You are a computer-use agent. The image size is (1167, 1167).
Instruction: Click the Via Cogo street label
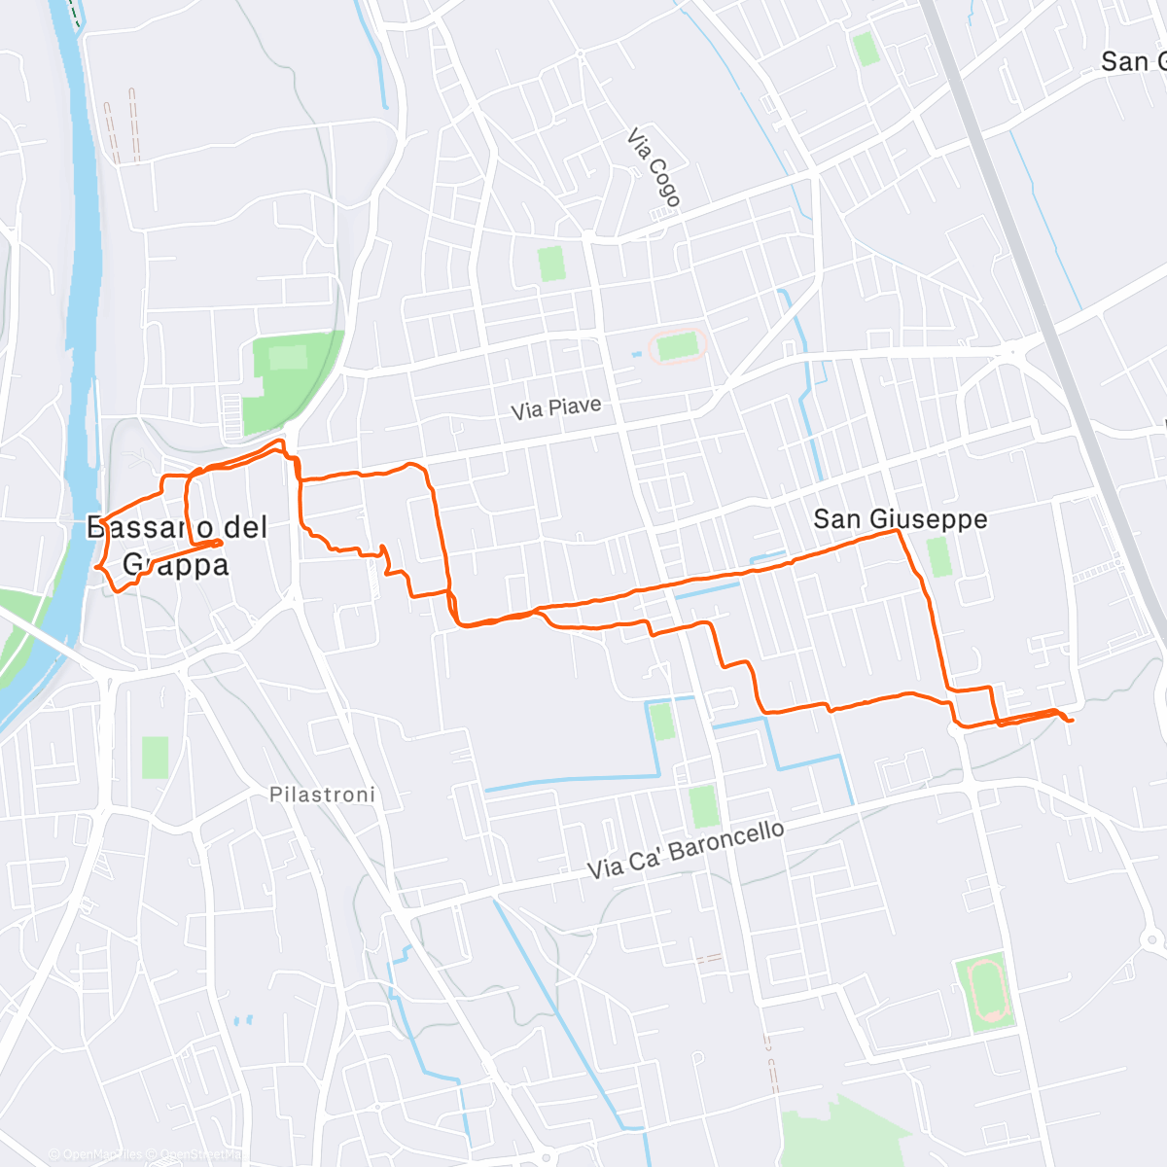pyautogui.click(x=654, y=167)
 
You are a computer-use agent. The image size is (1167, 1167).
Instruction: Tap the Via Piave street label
pyautogui.click(x=555, y=408)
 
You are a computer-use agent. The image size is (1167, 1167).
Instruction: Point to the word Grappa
pyautogui.click(x=176, y=565)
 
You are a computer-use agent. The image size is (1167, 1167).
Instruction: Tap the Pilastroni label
pyautogui.click(x=322, y=796)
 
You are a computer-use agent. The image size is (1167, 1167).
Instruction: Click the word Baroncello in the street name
pyautogui.click(x=726, y=840)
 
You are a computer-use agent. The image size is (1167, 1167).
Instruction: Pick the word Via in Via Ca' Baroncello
pyautogui.click(x=605, y=866)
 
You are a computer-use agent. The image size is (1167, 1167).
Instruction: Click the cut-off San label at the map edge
pyautogui.click(x=1132, y=62)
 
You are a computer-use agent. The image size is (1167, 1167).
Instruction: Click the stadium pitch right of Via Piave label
pyautogui.click(x=677, y=346)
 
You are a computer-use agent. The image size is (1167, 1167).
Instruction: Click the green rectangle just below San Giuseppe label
pyautogui.click(x=938, y=556)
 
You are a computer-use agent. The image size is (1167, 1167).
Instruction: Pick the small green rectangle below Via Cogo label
pyautogui.click(x=551, y=263)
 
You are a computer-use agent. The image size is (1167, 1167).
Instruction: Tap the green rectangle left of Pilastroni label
pyautogui.click(x=155, y=757)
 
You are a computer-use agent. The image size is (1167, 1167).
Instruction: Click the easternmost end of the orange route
pyautogui.click(x=1071, y=721)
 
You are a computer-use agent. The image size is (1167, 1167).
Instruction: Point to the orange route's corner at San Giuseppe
pyautogui.click(x=897, y=532)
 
